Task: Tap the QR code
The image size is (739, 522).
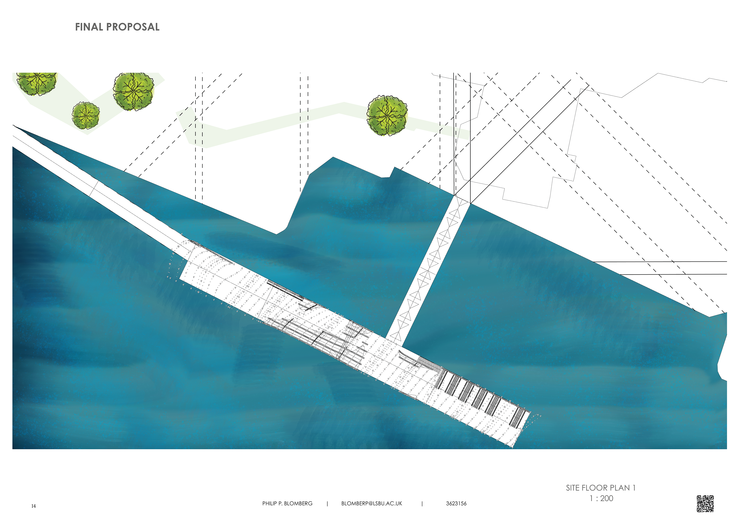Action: [x=705, y=503]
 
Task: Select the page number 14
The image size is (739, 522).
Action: [x=33, y=506]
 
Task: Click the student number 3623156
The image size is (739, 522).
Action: [x=456, y=503]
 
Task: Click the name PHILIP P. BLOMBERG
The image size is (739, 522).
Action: [x=287, y=503]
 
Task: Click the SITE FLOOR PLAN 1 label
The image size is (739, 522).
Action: [x=601, y=488]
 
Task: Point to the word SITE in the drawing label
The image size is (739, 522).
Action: [x=573, y=488]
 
